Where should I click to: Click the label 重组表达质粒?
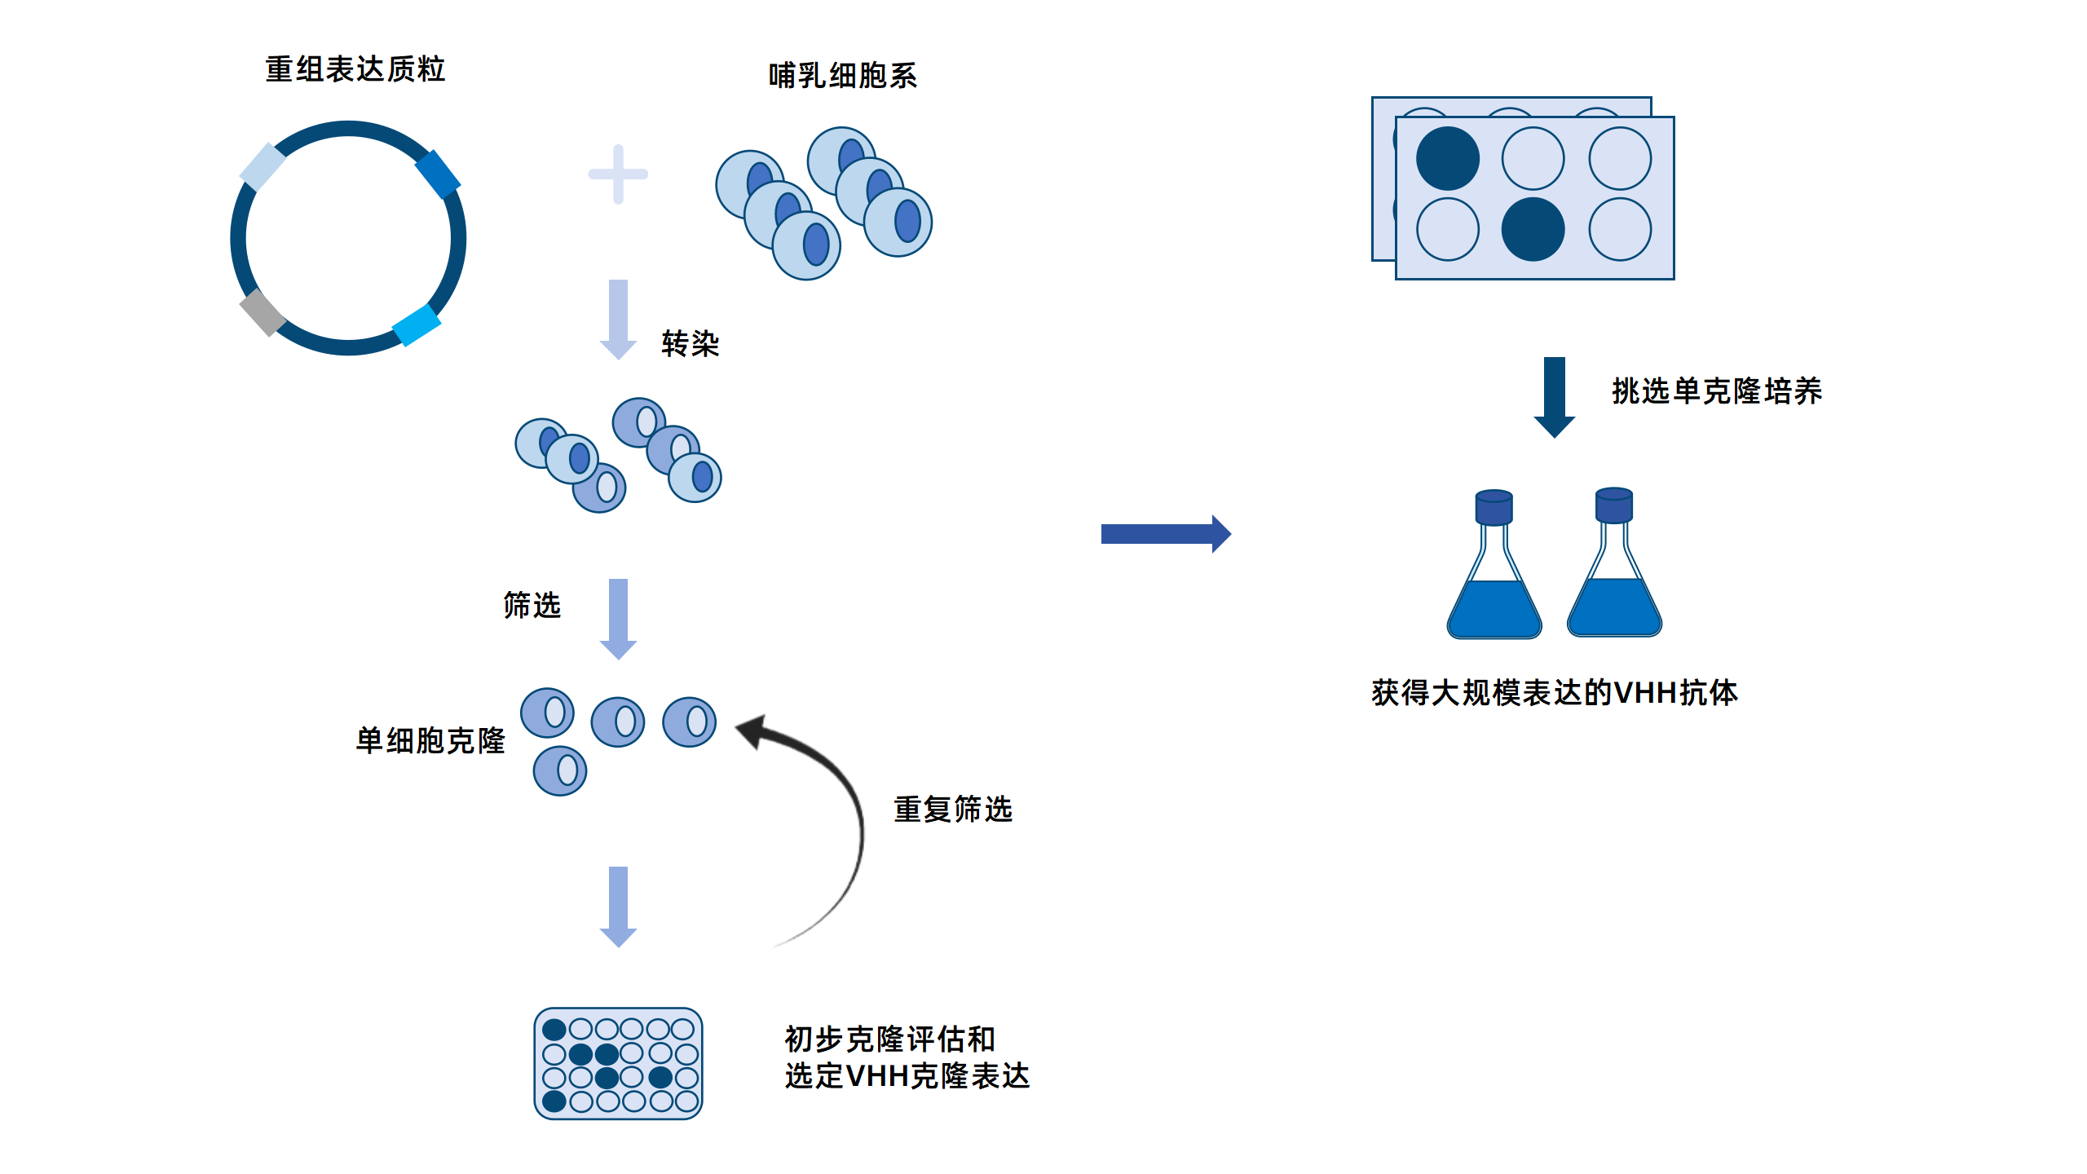tap(355, 69)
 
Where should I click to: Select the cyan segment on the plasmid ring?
tap(417, 324)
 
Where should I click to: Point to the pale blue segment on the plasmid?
tap(263, 167)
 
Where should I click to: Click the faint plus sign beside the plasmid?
tap(618, 174)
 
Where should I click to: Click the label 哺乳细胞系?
tap(842, 76)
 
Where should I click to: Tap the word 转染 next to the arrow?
tap(690, 343)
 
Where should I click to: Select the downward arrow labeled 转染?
tap(618, 319)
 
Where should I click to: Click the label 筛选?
tap(532, 605)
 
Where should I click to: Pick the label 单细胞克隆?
tap(430, 740)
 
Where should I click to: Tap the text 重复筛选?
tap(952, 809)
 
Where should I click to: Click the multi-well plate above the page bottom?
tap(618, 1063)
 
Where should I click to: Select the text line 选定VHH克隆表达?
tap(907, 1076)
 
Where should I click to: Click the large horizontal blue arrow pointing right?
tap(1165, 534)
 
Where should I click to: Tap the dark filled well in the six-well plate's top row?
tap(1447, 159)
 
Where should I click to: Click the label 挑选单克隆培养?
tap(1716, 391)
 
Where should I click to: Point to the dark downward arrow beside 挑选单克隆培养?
tap(1554, 396)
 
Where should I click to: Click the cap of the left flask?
tap(1494, 507)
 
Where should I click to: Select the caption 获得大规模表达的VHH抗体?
tap(1554, 692)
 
